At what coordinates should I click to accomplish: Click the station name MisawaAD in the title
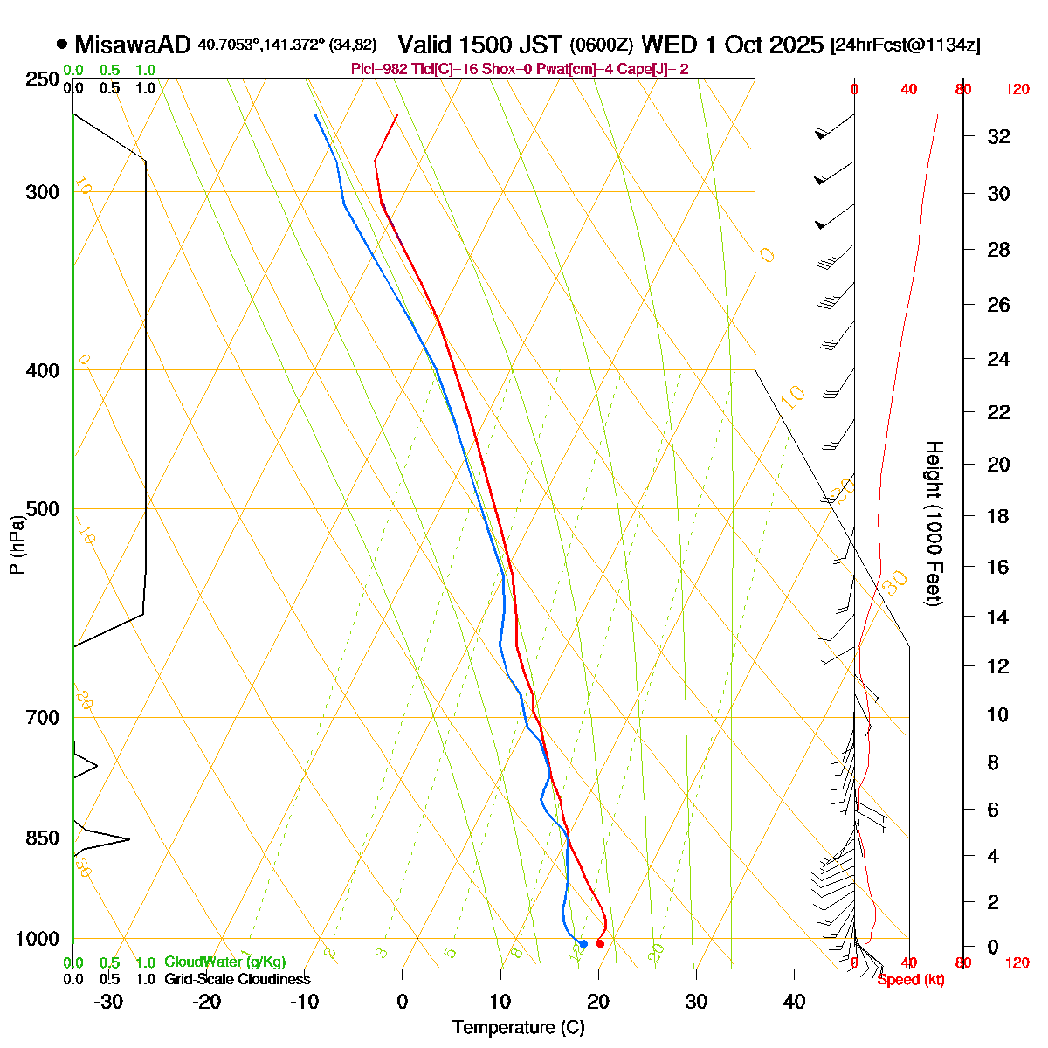pos(132,45)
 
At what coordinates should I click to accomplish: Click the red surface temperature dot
pos(600,943)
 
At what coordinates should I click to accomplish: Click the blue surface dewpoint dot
pos(583,943)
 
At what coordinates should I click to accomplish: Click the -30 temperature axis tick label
pos(108,1002)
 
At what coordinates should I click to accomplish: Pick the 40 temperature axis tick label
pos(794,1002)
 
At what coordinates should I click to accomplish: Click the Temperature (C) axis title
pos(518,1028)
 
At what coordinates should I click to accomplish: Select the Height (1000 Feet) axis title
pos(934,524)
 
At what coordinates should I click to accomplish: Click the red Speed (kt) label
pos(911,980)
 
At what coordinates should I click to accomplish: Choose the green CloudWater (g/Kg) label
pos(224,962)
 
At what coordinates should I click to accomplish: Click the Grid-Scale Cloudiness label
pos(237,980)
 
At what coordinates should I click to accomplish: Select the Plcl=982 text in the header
pos(380,69)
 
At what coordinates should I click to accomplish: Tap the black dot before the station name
pos(61,44)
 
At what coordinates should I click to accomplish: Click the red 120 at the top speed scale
pos(1017,89)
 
